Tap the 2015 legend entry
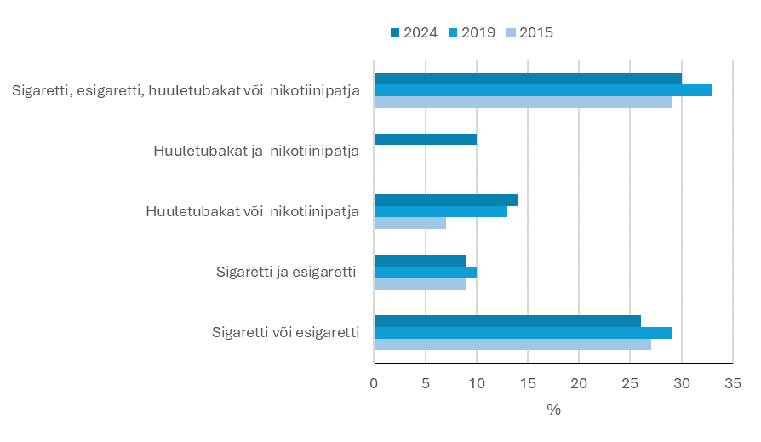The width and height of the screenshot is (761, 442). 529,32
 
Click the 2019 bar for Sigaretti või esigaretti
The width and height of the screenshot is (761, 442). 522,333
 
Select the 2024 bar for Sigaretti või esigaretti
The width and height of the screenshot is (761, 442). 506,321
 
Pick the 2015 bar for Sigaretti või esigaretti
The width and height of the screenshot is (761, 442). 512,345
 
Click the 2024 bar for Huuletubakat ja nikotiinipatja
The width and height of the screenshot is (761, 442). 425,139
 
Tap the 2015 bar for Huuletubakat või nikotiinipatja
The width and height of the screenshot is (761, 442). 409,223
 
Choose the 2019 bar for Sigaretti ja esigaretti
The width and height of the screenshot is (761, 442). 425,273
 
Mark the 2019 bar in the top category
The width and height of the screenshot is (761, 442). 542,90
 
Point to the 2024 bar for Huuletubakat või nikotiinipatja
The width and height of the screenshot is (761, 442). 445,200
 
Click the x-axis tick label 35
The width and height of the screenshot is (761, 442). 732,384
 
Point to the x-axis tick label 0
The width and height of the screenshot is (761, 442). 374,384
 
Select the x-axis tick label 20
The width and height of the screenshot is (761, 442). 579,384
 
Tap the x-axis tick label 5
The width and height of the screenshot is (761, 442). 425,384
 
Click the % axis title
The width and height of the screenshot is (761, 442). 553,410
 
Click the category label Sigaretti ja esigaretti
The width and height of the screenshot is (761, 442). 284,273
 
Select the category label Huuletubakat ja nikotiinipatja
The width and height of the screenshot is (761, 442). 256,152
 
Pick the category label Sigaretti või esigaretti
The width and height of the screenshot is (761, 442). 286,332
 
